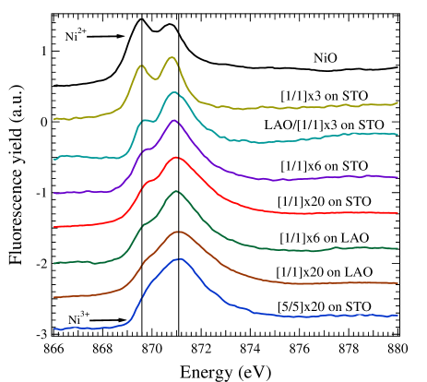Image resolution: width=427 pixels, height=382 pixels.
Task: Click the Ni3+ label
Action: tap(79, 319)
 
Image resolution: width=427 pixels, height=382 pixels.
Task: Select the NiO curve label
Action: tap(326, 58)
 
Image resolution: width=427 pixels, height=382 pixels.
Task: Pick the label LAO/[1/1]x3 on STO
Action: tap(323, 125)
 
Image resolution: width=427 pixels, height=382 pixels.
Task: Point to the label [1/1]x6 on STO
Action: tap(325, 165)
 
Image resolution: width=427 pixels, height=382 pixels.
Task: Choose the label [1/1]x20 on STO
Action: tap(324, 200)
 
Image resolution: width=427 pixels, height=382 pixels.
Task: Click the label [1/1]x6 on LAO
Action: tap(325, 238)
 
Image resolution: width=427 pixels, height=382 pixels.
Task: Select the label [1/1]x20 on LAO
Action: tap(324, 272)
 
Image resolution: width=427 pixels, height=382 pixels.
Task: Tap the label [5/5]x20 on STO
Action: tap(324, 306)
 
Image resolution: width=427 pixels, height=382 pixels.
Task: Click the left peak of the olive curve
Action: tap(140, 66)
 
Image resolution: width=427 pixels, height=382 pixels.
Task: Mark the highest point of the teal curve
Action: tap(172, 92)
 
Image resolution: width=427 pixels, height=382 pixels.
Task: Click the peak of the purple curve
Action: tap(172, 121)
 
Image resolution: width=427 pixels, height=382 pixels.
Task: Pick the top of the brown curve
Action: tap(176, 231)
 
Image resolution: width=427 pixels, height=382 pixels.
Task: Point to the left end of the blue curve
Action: tap(53, 328)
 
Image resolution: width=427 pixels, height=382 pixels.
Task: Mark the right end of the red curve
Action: tap(397, 213)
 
